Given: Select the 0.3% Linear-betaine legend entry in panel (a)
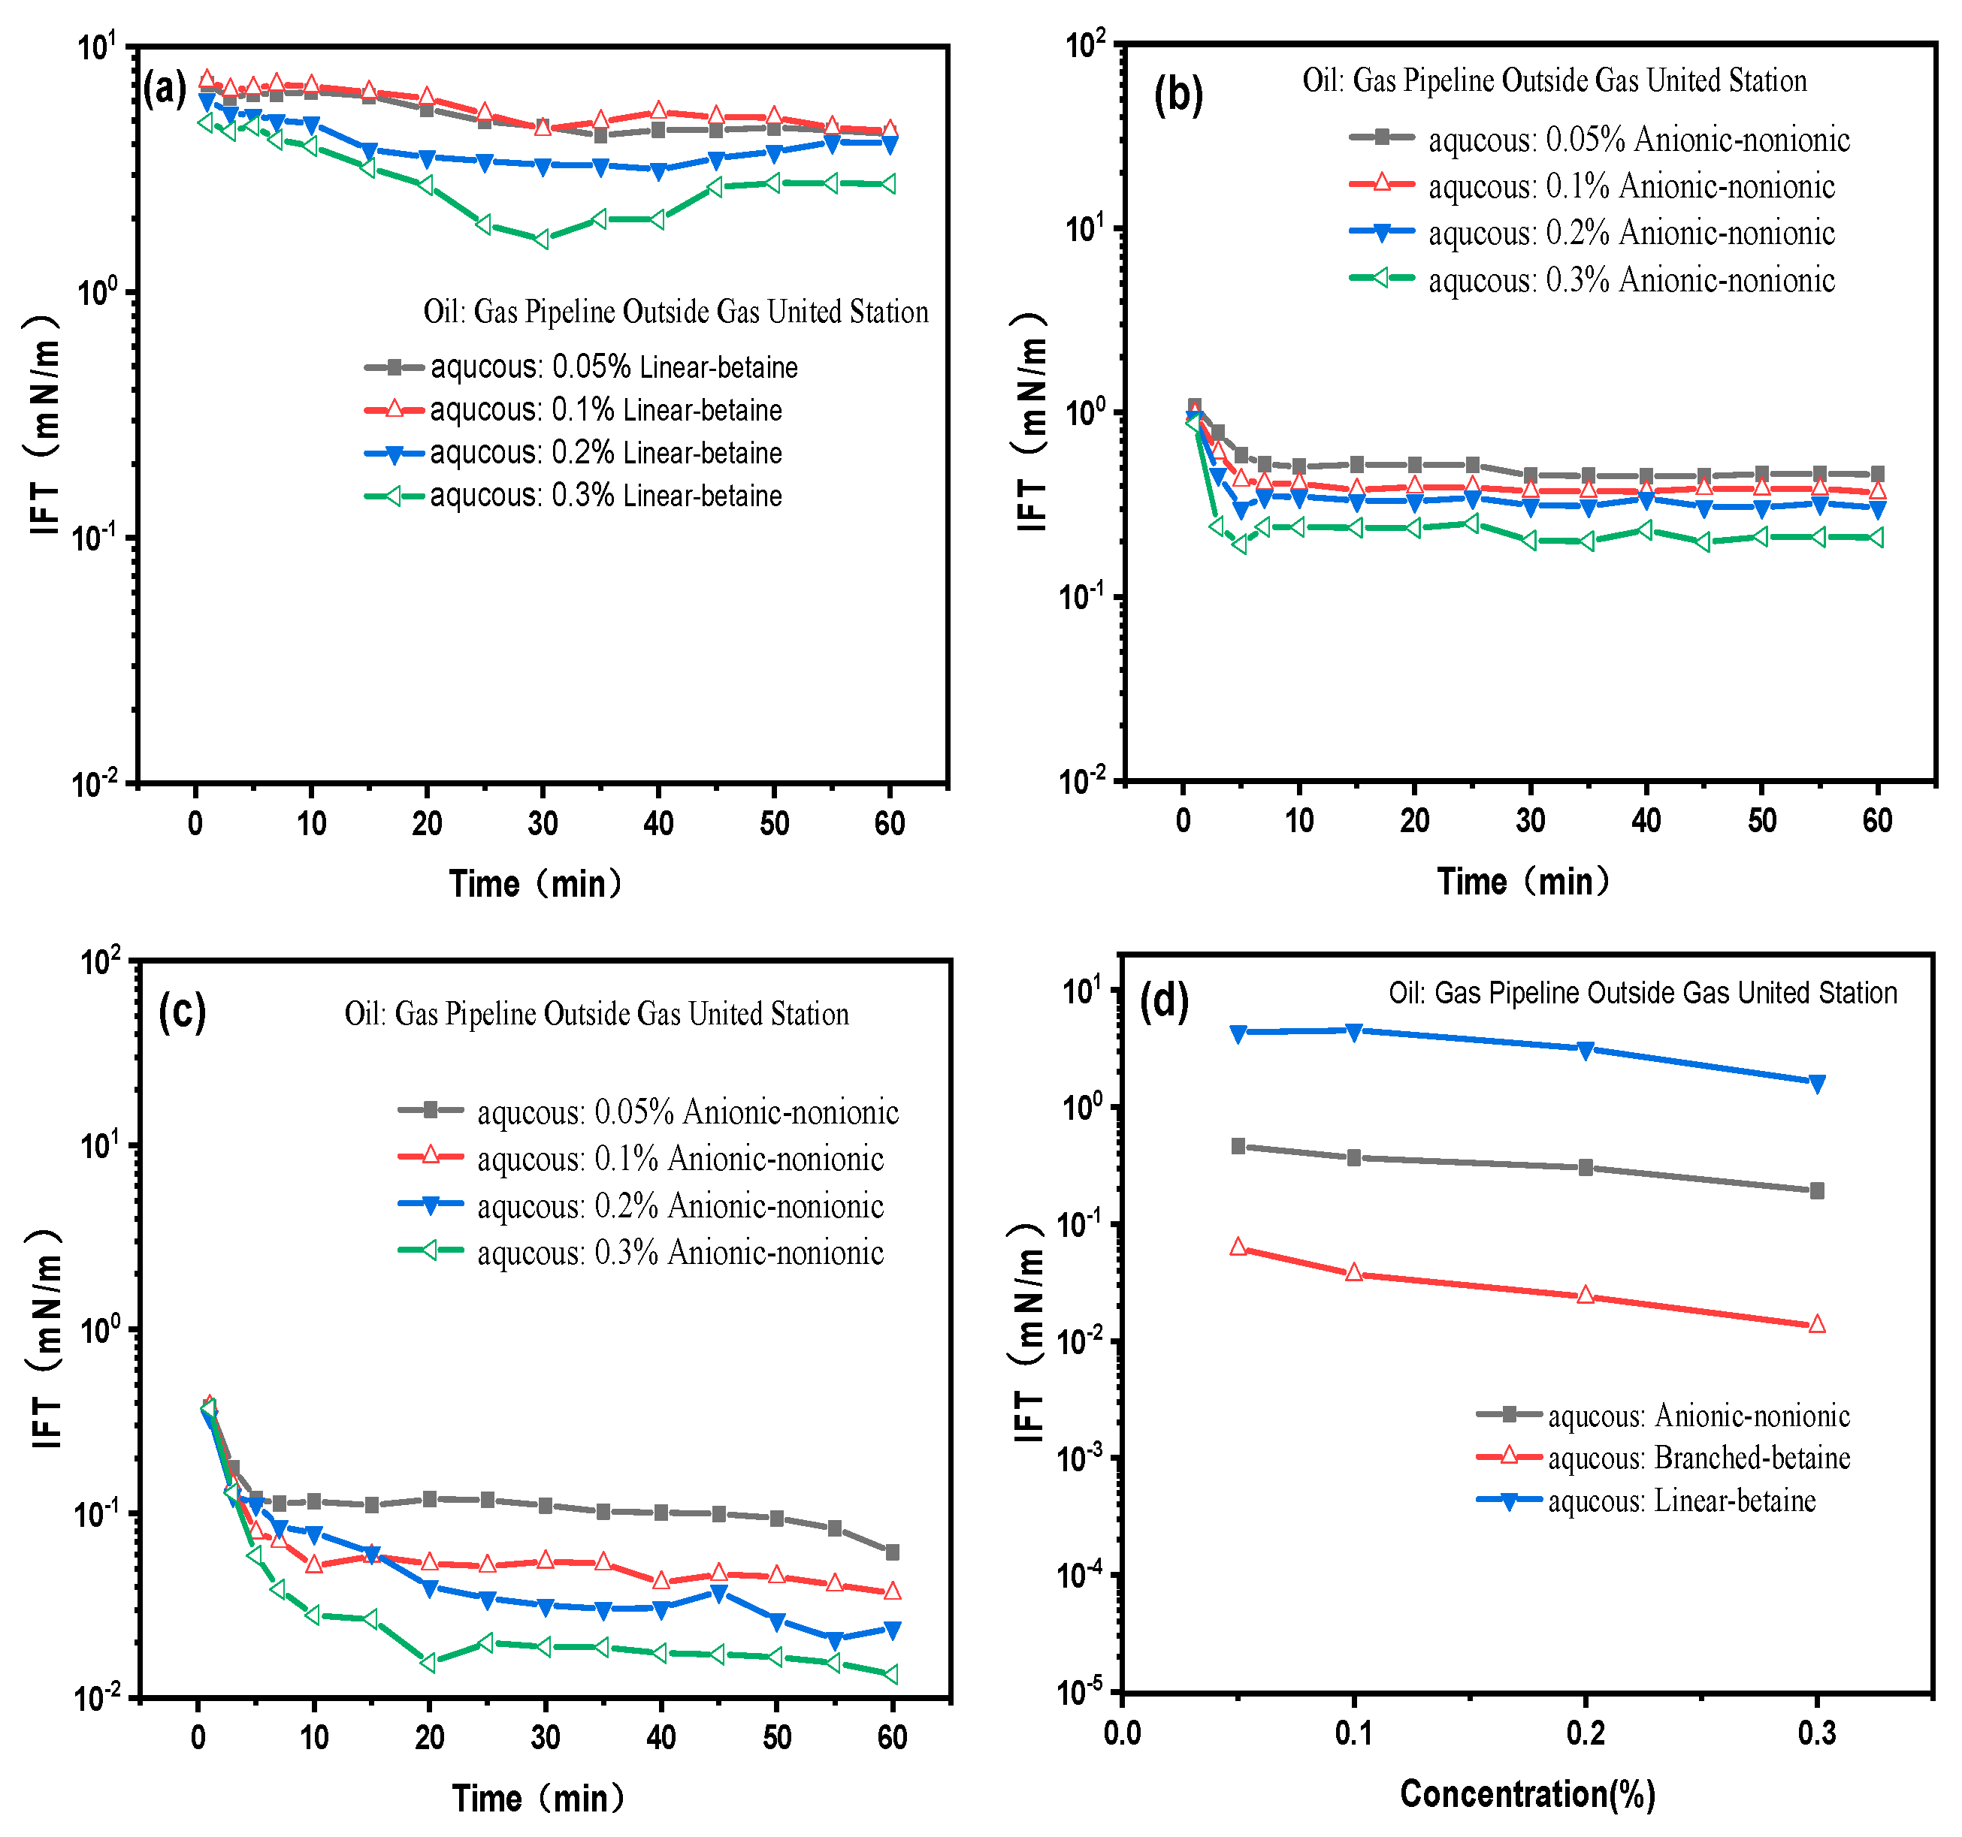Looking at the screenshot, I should click(605, 495).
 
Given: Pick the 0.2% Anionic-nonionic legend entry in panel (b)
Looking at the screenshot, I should click(1631, 233).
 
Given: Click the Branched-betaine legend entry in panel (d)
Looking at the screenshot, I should click(1697, 1457).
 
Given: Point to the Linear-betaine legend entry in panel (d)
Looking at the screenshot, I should click(1681, 1501).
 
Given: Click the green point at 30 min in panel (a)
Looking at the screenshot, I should click(542, 239).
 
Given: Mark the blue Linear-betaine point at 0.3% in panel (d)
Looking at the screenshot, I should click(1816, 1083).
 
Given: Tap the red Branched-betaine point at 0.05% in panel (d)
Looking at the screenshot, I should click(1238, 1247).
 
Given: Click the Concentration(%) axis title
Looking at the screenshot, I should click(1527, 1793).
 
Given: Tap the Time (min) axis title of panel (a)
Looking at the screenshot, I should click(535, 883).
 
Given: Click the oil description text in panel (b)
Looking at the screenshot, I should click(1555, 81).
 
